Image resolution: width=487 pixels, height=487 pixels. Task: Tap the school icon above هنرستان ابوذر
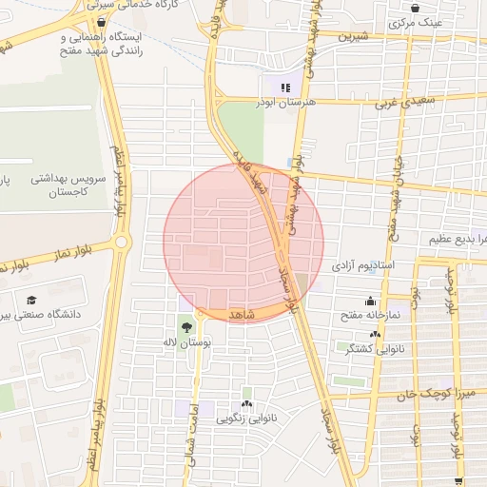coord(285,87)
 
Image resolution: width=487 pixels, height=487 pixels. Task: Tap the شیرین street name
coord(351,39)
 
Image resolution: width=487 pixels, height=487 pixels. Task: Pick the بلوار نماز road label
coord(29,253)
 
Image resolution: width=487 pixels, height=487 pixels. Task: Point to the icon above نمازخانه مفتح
coord(370,302)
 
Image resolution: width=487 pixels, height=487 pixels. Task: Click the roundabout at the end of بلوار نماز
coord(121,243)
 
